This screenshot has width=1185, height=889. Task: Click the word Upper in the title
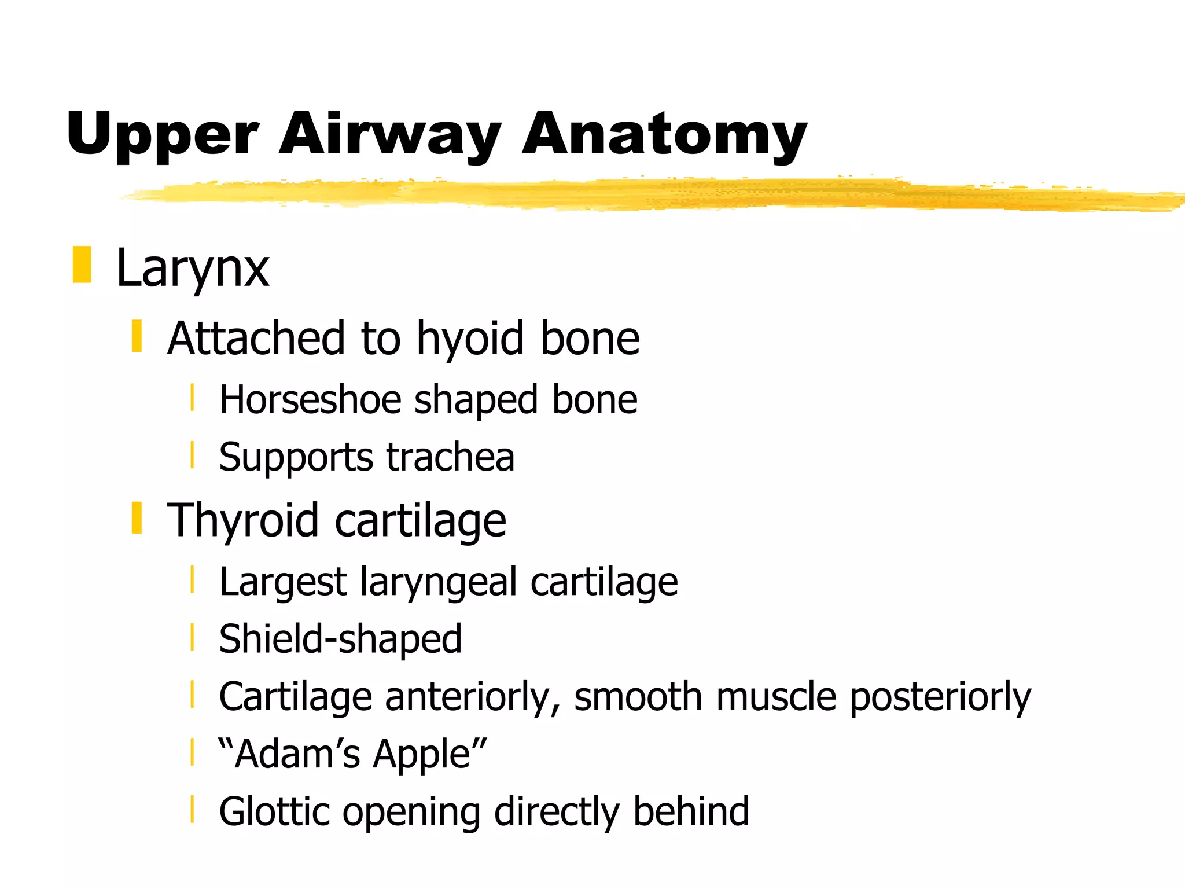point(162,136)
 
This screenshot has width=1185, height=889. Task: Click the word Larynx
point(193,269)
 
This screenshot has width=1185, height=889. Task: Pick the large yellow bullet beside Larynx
point(82,265)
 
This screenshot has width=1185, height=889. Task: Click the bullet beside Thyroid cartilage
point(137,517)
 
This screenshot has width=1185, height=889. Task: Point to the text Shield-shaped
point(340,640)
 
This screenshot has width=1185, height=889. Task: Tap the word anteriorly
point(472,697)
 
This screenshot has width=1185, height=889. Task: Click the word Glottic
point(274,811)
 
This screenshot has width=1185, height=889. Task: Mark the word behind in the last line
point(691,811)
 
